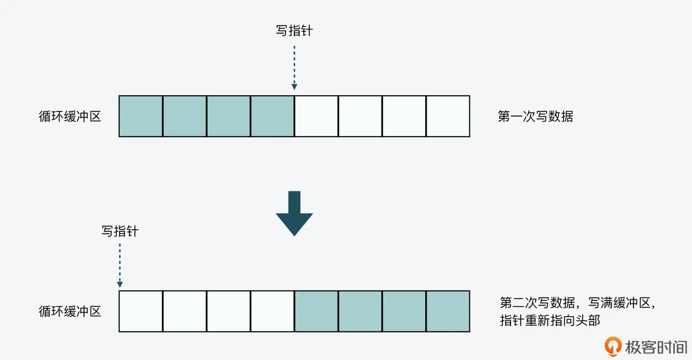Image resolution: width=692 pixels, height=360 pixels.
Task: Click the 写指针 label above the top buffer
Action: tap(294, 31)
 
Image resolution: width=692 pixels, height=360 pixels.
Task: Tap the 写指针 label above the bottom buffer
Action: tap(120, 231)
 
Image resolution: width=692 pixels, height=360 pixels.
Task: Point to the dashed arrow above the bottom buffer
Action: tap(120, 265)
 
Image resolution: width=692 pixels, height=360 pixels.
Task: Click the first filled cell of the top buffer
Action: tap(141, 116)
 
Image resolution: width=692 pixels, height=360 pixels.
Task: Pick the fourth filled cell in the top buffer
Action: tap(272, 116)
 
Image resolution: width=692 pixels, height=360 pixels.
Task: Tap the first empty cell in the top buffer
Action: tap(316, 116)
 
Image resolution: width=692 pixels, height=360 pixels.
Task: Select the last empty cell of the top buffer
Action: tap(448, 116)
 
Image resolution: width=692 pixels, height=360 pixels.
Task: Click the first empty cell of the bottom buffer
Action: tap(141, 311)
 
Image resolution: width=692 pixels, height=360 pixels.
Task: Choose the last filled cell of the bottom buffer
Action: tap(448, 311)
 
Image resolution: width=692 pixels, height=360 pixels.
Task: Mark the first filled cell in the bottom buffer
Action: tap(316, 311)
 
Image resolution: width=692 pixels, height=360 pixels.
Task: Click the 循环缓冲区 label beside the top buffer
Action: tap(70, 116)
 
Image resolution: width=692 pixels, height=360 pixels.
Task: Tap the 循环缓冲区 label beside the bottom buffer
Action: tap(70, 311)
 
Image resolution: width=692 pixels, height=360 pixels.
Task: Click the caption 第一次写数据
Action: tap(535, 116)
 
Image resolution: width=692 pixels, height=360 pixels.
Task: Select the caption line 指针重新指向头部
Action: tap(550, 320)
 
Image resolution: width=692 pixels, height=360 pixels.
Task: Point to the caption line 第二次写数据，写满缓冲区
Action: tap(577, 303)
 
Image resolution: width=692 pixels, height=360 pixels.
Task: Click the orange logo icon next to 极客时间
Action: tap(613, 346)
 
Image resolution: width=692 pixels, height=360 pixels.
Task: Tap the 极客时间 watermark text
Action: tap(656, 347)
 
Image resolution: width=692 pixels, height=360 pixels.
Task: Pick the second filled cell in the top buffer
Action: tap(185, 116)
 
